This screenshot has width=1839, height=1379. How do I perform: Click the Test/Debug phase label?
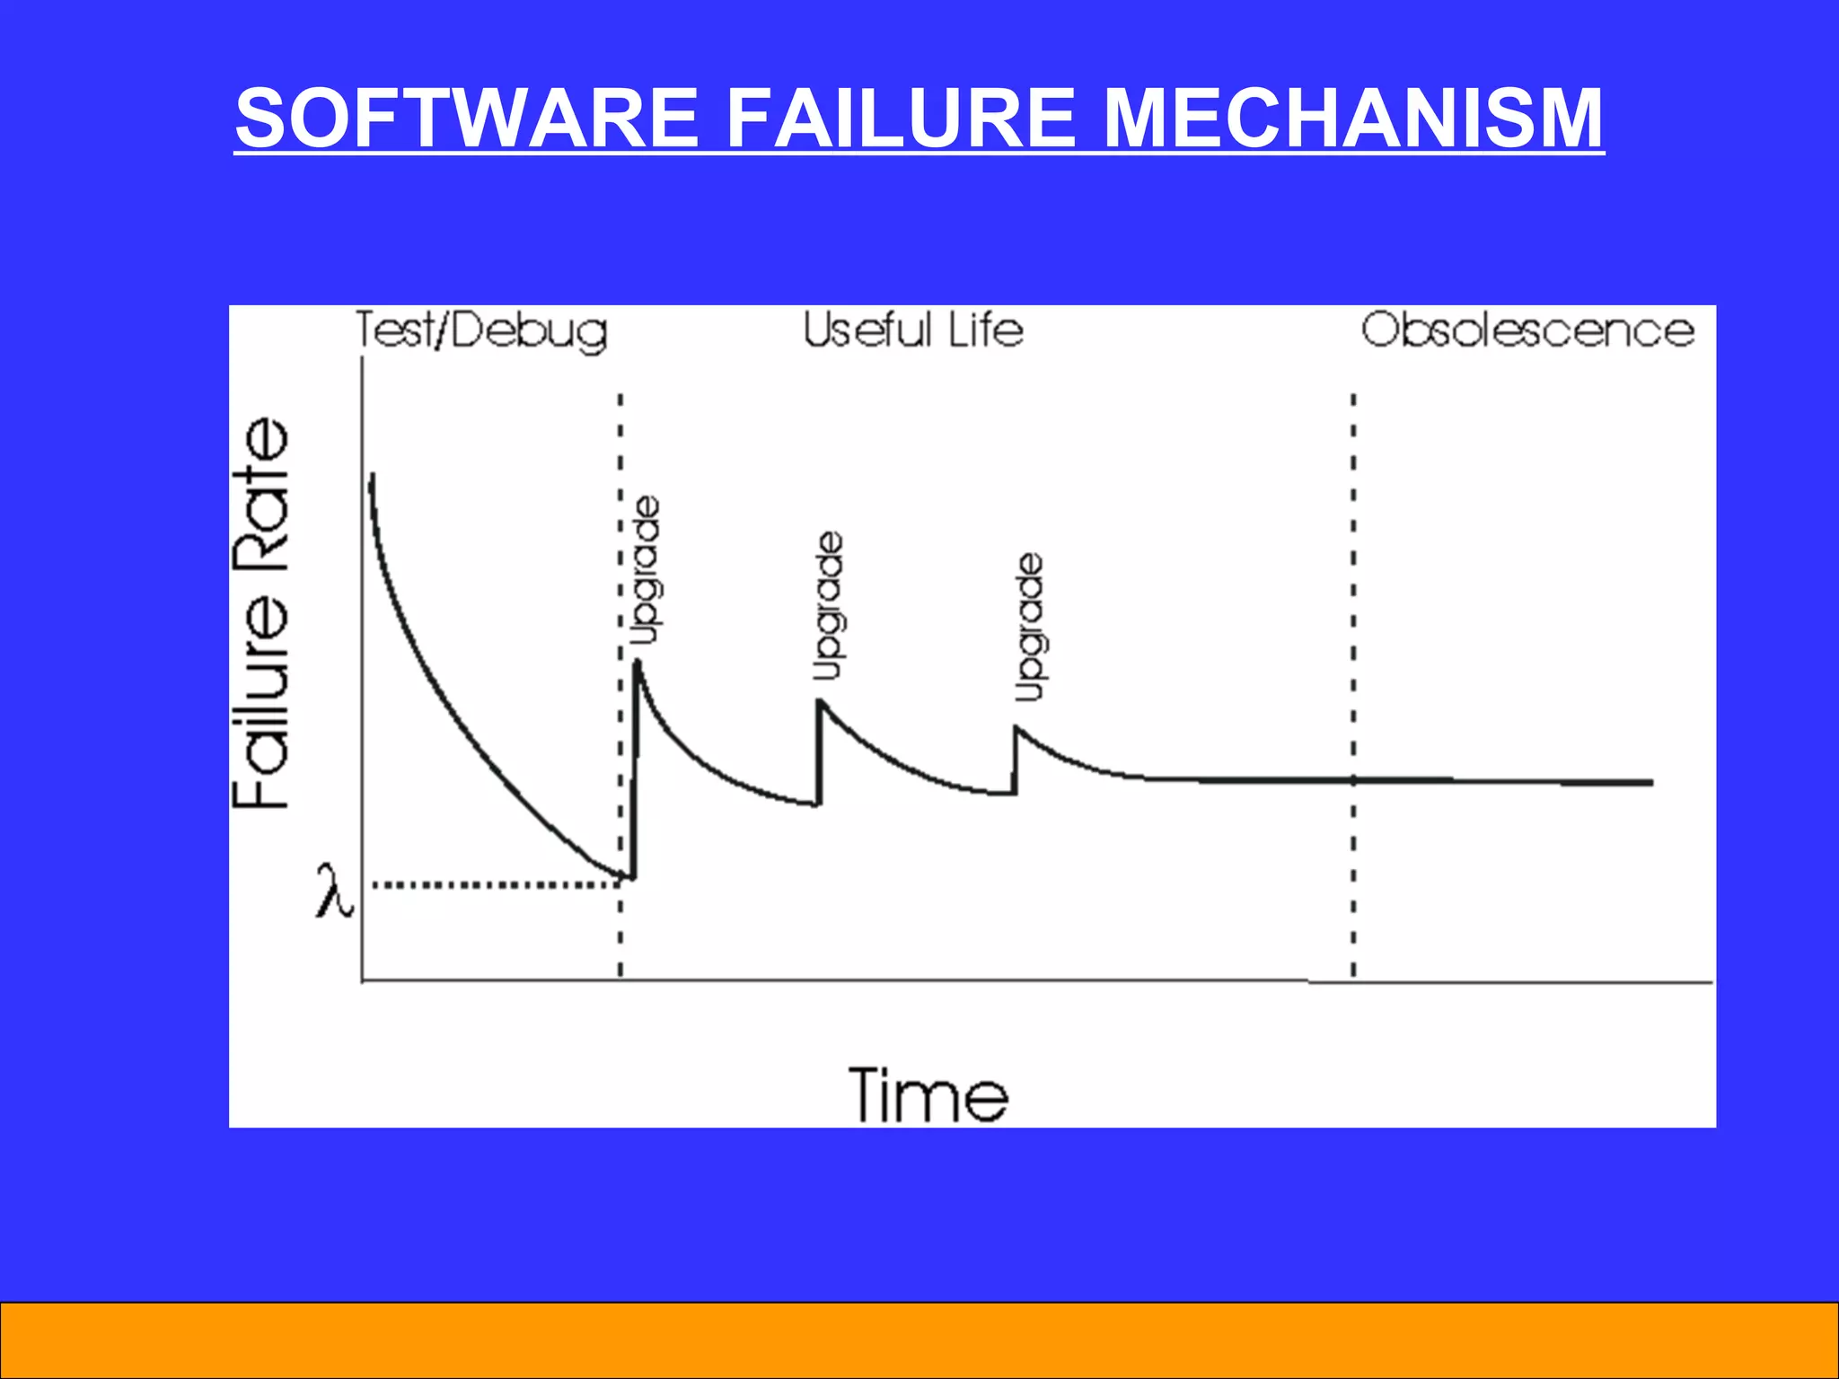(x=481, y=331)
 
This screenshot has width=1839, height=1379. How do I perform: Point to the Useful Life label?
(x=912, y=330)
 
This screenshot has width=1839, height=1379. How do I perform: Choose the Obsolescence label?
(x=1527, y=330)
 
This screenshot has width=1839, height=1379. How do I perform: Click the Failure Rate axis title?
(x=261, y=614)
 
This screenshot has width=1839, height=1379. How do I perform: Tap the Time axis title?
(x=928, y=1095)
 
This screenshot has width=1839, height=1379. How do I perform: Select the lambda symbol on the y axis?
(x=333, y=892)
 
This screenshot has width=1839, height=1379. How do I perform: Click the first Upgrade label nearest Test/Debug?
(x=646, y=571)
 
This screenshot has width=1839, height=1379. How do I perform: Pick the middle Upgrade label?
(x=828, y=607)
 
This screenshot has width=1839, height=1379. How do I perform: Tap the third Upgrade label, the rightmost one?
(x=1029, y=628)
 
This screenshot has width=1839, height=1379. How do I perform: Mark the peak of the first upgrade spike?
(x=637, y=663)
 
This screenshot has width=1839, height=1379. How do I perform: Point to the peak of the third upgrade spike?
(x=1016, y=728)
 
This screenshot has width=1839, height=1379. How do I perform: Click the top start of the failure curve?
(x=371, y=476)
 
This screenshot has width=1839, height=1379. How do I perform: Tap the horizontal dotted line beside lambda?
(x=494, y=885)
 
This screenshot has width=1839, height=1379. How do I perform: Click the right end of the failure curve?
(x=1650, y=783)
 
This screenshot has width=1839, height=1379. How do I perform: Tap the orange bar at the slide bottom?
(x=919, y=1339)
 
